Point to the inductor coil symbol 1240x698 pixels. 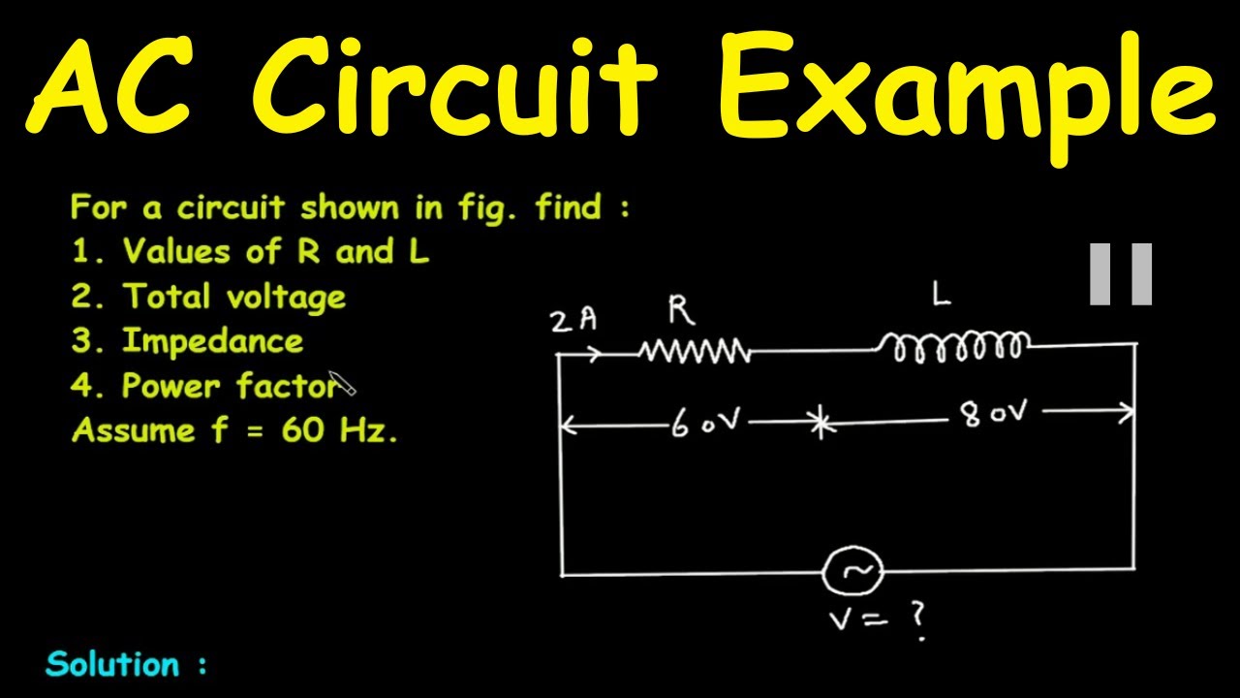tap(954, 345)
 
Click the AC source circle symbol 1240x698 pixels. tap(853, 573)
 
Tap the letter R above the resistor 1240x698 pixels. tap(681, 310)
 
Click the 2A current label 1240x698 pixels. tap(573, 321)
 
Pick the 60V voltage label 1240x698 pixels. tap(706, 424)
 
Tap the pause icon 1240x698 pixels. tap(1121, 274)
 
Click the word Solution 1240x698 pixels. tap(113, 664)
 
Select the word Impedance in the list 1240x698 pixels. tap(212, 341)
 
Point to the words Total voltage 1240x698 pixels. tap(233, 297)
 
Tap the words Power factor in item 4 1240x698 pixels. tap(230, 386)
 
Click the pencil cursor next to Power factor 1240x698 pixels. tap(343, 384)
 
